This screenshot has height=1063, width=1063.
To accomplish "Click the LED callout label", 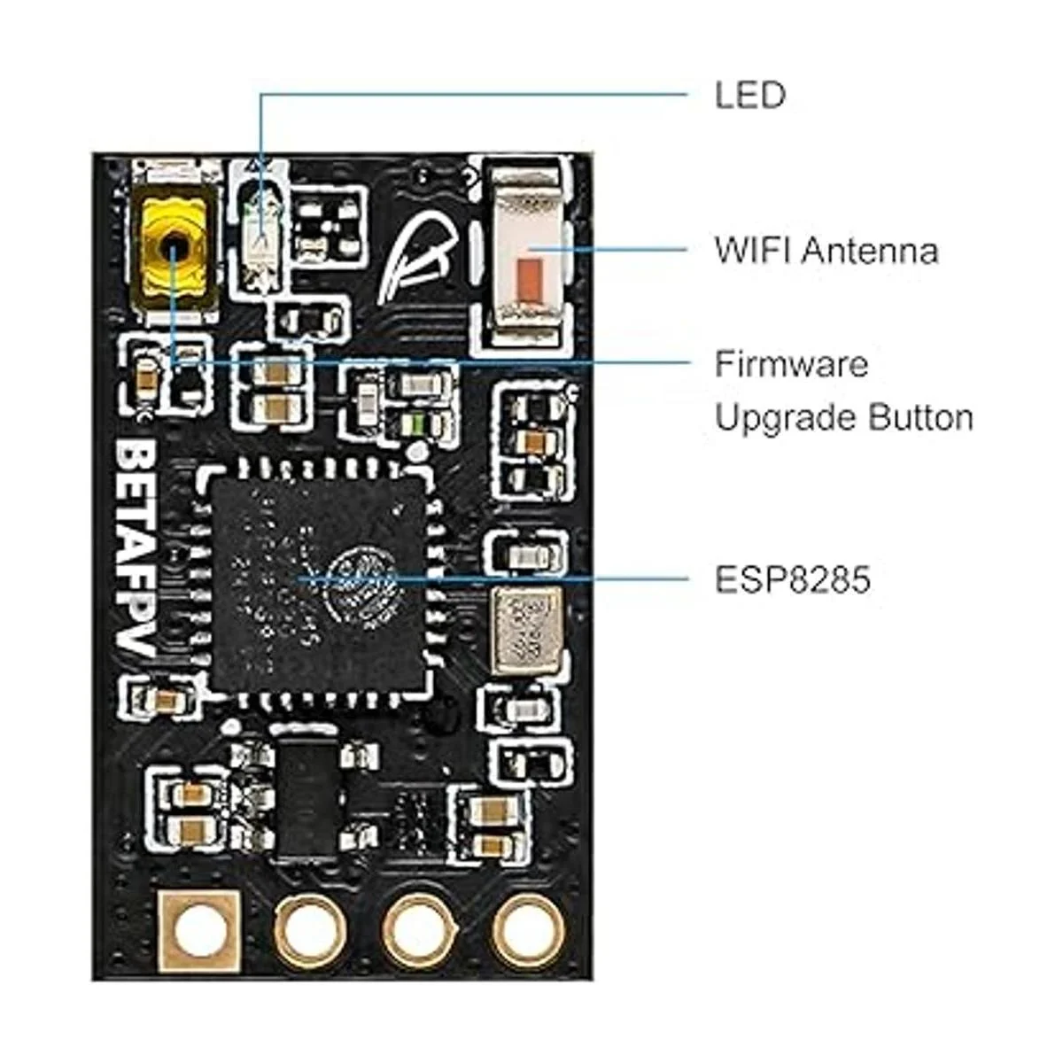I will (x=749, y=95).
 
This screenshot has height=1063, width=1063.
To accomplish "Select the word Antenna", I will (x=870, y=251).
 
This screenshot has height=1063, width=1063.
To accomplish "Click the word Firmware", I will (x=791, y=364).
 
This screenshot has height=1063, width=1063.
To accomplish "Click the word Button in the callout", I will (x=921, y=417).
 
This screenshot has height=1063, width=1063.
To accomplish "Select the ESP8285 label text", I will (x=792, y=580).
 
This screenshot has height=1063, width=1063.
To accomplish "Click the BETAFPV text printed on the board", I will (x=138, y=549).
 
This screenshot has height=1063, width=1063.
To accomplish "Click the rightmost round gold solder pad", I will (x=528, y=931).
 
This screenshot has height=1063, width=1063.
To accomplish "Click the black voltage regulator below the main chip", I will (x=307, y=797).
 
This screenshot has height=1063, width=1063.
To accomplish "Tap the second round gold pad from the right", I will (x=418, y=931).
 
